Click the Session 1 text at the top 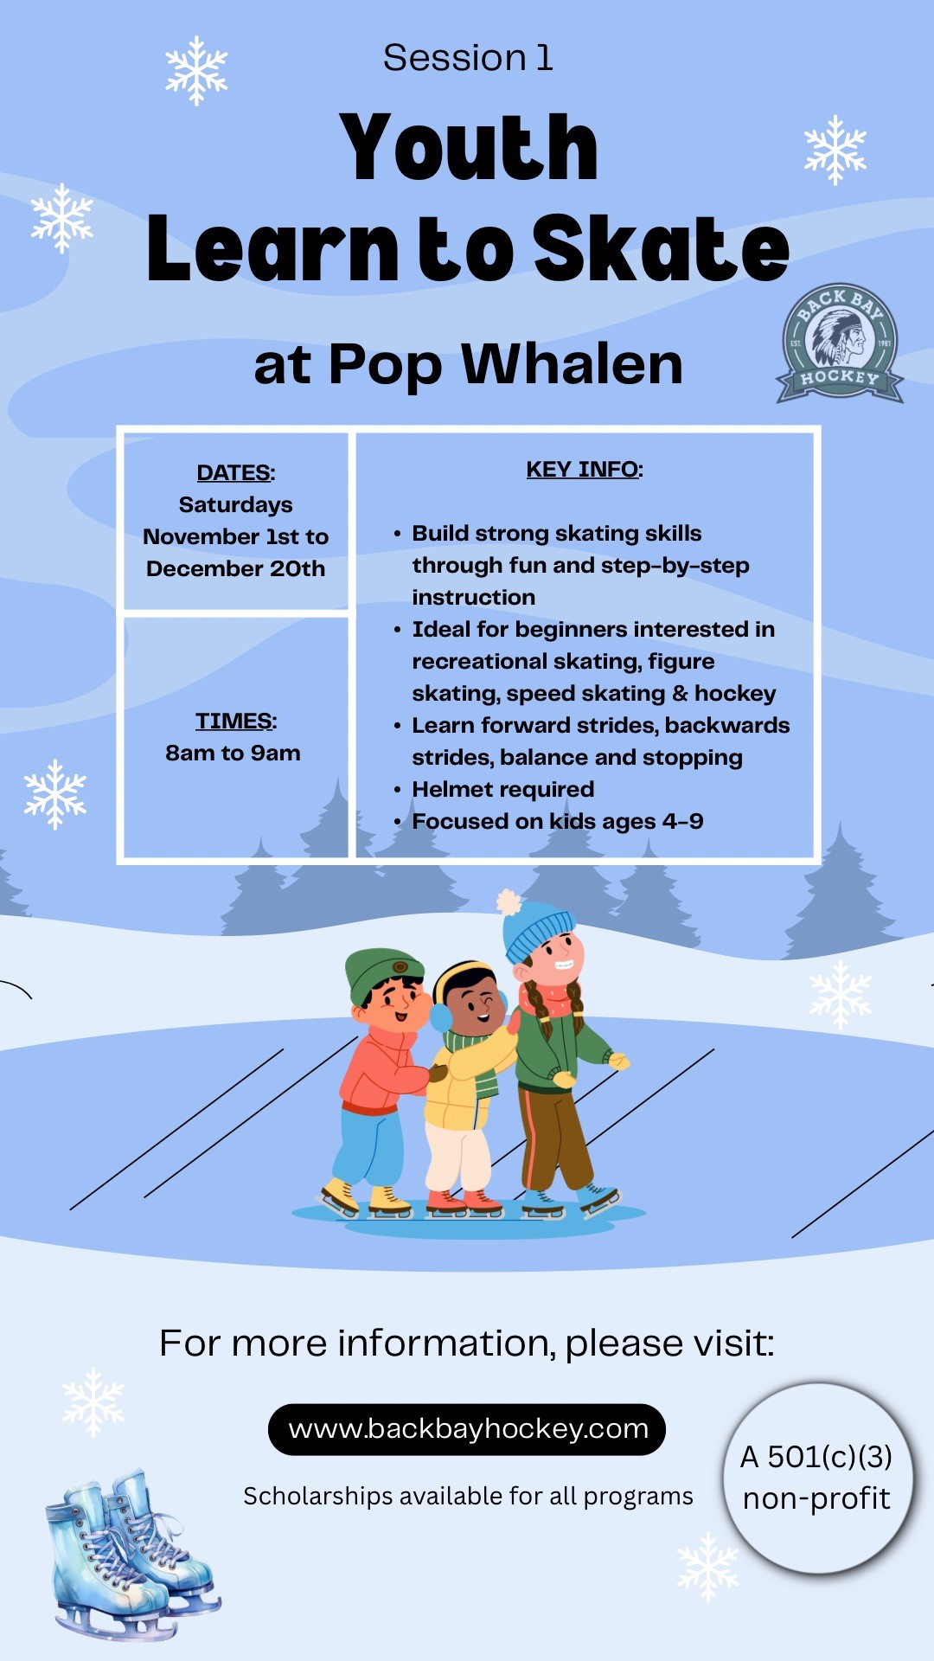[468, 58]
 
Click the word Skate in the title [661, 248]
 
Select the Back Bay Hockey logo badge [840, 343]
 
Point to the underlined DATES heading [235, 472]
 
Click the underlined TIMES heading [235, 721]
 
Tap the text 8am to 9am [233, 753]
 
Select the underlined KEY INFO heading [585, 469]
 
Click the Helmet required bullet [502, 789]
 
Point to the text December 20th [235, 568]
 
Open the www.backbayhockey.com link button [467, 1429]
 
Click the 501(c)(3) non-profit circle [817, 1478]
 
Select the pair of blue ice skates [130, 1553]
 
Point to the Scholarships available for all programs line [468, 1496]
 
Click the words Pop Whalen [506, 365]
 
